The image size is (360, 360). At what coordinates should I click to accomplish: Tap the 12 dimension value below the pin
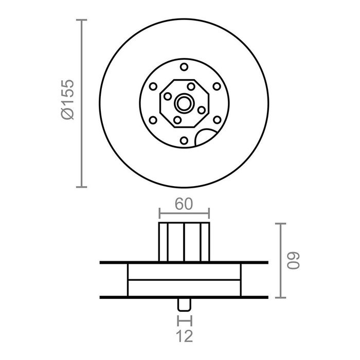(x=184, y=336)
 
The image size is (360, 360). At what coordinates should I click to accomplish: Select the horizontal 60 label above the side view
(x=184, y=204)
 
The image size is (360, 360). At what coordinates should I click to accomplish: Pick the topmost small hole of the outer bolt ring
(x=184, y=66)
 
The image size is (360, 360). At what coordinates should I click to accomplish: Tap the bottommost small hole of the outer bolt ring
(x=184, y=140)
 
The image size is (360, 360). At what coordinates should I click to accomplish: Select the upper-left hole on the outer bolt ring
(x=152, y=86)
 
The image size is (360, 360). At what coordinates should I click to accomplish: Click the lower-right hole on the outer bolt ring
(x=217, y=120)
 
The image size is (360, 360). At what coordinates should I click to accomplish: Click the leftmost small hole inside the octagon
(x=167, y=96)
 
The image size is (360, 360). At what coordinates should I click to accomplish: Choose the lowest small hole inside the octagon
(x=177, y=120)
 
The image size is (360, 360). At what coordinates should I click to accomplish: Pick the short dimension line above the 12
(x=184, y=321)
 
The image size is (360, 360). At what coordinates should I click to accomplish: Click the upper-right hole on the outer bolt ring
(x=217, y=86)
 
